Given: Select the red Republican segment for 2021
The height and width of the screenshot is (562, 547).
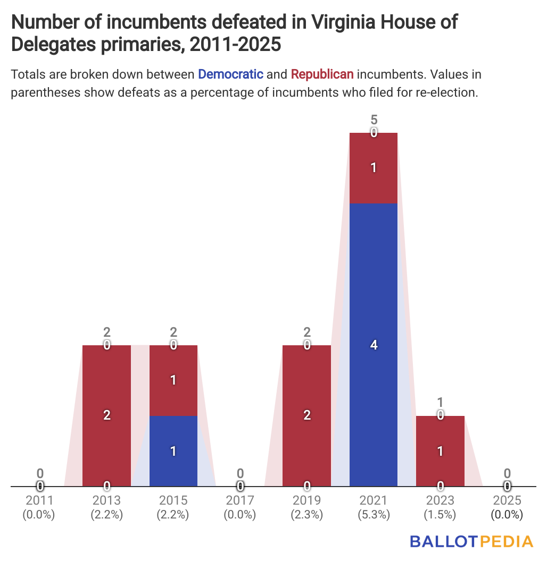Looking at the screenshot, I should pyautogui.click(x=373, y=168).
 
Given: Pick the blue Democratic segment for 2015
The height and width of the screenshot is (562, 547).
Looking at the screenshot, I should pyautogui.click(x=173, y=451).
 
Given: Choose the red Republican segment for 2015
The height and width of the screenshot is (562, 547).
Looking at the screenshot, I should pyautogui.click(x=173, y=380).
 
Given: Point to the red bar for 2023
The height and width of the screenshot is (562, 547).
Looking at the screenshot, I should pyautogui.click(x=440, y=451).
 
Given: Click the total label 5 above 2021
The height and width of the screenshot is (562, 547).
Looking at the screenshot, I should pyautogui.click(x=374, y=120).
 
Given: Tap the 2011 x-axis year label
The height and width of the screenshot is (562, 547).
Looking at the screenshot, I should pyautogui.click(x=40, y=500).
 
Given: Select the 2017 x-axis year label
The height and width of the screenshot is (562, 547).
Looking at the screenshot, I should pyautogui.click(x=240, y=500).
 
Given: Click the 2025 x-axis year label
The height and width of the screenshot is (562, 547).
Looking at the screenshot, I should pyautogui.click(x=507, y=500).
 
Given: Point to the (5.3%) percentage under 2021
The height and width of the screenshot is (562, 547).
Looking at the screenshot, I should pyautogui.click(x=374, y=515).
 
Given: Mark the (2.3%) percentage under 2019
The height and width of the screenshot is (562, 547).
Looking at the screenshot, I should pyautogui.click(x=306, y=515).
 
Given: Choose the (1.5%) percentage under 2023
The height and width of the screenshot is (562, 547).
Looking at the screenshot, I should pyautogui.click(x=440, y=515).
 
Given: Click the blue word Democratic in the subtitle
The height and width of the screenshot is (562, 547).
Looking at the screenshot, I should pyautogui.click(x=230, y=74).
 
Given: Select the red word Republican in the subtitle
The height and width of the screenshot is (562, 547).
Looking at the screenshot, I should pyautogui.click(x=322, y=74).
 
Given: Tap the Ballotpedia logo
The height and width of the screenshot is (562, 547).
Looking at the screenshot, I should pyautogui.click(x=471, y=541).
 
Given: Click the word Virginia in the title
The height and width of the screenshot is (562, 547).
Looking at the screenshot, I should pyautogui.click(x=352, y=22).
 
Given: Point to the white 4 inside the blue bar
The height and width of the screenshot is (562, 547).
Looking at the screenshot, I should pyautogui.click(x=374, y=345).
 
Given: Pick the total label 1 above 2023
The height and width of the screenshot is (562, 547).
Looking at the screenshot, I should pyautogui.click(x=440, y=403).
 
